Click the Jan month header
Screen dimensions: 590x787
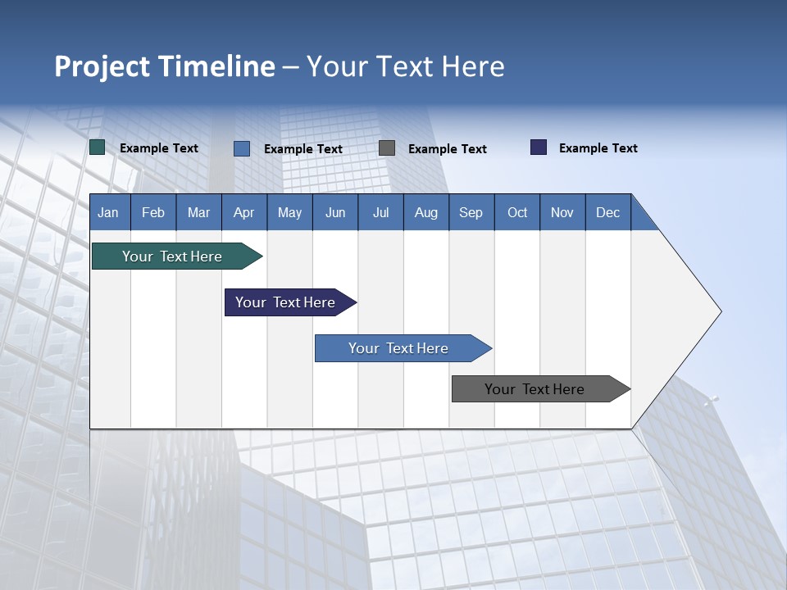pos(109,212)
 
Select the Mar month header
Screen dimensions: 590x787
pos(198,212)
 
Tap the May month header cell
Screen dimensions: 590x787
pos(289,212)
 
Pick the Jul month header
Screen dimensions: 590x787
pos(380,212)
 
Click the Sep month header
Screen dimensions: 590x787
pos(471,212)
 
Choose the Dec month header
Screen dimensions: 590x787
pos(607,212)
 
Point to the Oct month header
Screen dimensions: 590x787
pos(516,212)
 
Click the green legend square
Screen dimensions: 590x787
pos(97,147)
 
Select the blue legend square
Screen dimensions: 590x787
pos(242,148)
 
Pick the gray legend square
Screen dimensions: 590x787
pos(387,147)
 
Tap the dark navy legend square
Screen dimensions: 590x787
pos(539,147)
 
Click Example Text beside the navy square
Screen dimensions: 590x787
pos(598,148)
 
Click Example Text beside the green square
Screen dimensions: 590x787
pos(158,148)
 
